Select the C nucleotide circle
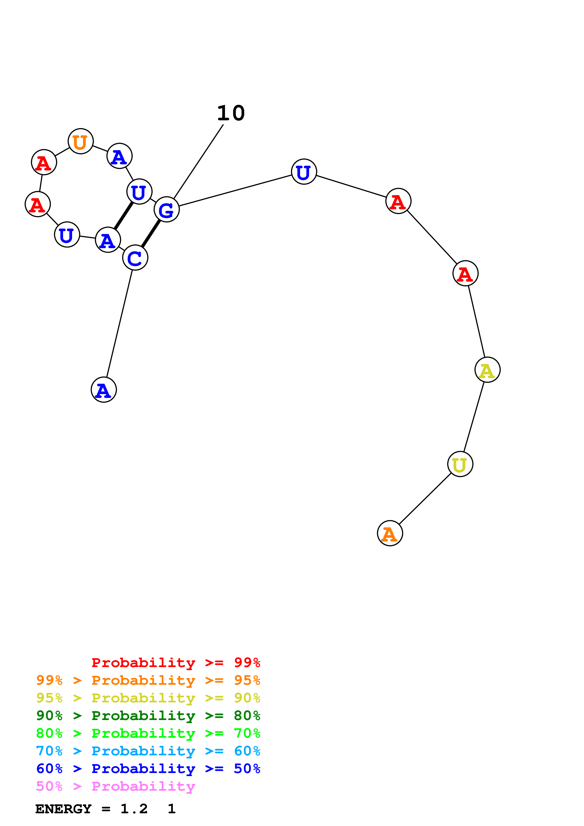(x=135, y=258)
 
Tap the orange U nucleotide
(x=81, y=141)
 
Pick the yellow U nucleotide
(x=460, y=464)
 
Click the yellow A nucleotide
(x=488, y=370)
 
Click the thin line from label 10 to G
(x=199, y=161)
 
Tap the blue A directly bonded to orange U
(x=119, y=156)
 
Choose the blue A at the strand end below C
(x=104, y=390)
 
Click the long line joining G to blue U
(x=235, y=191)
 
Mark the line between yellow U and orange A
(x=425, y=499)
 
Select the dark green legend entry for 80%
(x=148, y=716)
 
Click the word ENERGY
(x=63, y=809)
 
